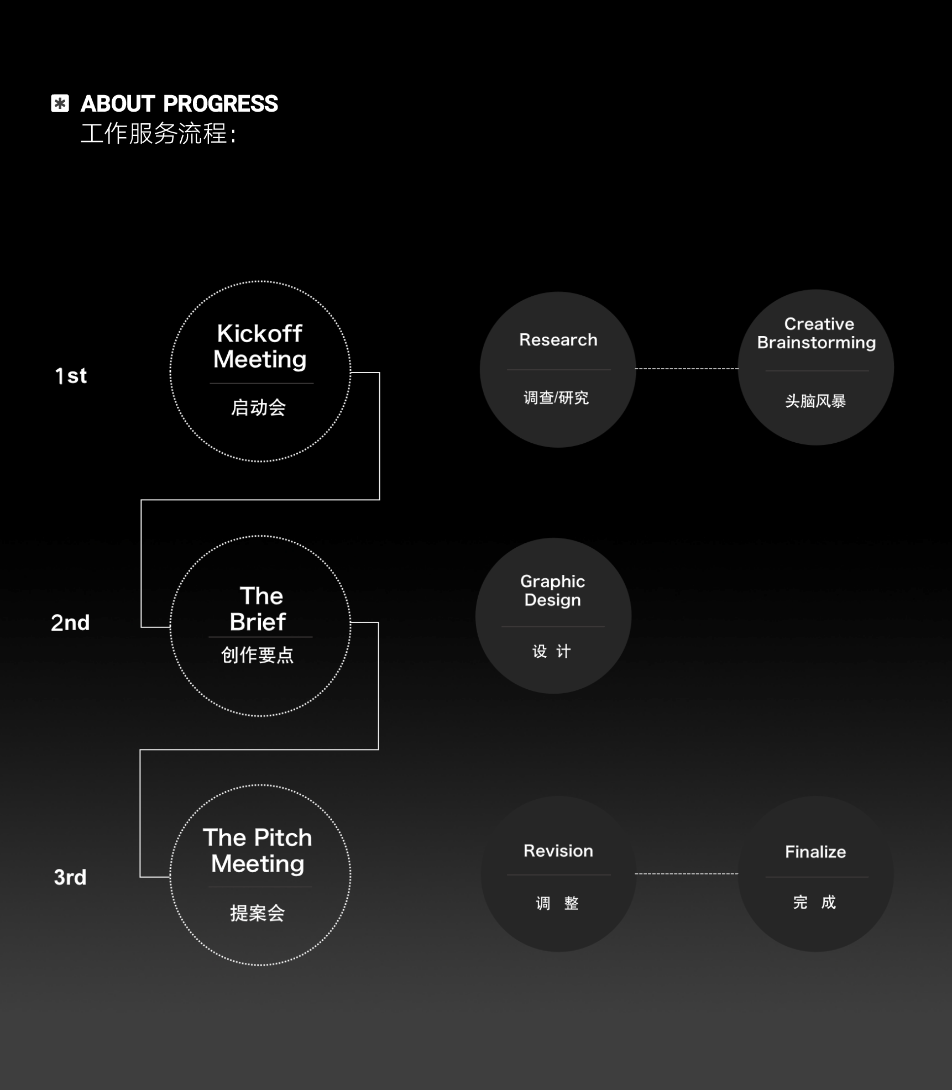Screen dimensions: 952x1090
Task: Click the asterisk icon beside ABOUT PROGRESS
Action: pos(60,103)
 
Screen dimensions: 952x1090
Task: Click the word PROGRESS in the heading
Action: pos(221,104)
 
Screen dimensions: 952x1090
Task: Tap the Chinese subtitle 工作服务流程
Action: pos(154,134)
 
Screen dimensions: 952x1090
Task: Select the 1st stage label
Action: pos(71,376)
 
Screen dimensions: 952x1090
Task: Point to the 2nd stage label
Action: pos(70,623)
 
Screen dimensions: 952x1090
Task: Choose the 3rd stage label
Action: pos(70,877)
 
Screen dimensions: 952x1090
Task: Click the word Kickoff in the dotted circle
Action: pos(259,333)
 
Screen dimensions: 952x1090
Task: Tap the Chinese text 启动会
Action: pos(259,408)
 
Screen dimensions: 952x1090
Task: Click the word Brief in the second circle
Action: pos(258,622)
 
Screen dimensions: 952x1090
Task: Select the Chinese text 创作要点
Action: pos(258,655)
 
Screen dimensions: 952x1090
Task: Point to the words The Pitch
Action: pos(258,837)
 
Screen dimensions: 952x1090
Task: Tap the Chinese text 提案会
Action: pos(258,913)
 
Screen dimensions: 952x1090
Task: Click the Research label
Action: pos(558,340)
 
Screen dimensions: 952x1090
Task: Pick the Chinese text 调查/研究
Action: pos(556,398)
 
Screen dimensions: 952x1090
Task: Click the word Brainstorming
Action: pos(817,343)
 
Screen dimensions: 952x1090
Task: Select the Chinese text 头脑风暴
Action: pos(815,401)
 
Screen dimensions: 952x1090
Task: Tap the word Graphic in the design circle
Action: pos(553,582)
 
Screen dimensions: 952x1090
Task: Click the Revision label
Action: pos(558,851)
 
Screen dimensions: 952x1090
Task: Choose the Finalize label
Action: pos(815,852)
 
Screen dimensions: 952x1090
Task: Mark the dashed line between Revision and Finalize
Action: pos(687,874)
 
